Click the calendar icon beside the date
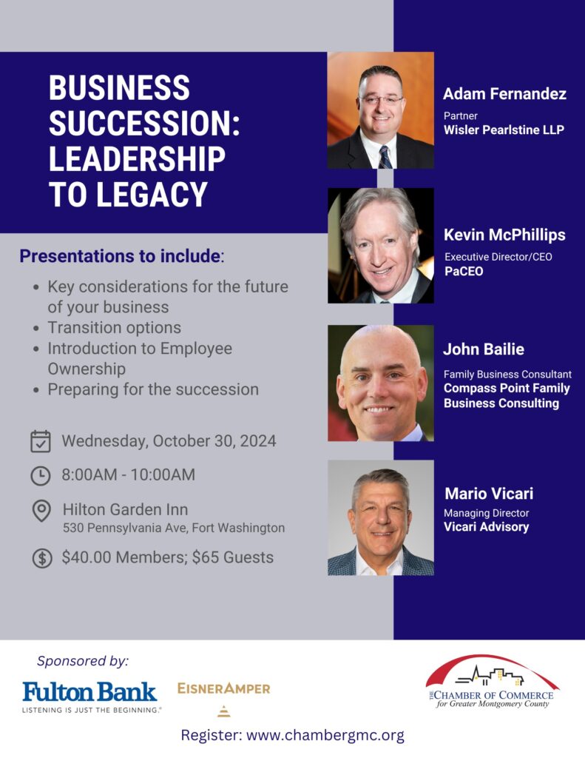41,441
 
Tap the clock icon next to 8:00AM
41,475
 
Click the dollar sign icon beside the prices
42,558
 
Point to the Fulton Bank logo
89,697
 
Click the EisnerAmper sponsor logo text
223,688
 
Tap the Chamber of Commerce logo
493,682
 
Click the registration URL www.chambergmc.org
325,735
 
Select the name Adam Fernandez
504,94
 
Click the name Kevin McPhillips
504,235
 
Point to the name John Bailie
484,349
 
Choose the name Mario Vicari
489,494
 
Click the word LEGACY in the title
152,195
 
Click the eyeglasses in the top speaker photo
381,100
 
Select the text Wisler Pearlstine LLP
504,130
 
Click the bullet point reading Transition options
114,328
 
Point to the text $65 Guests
233,557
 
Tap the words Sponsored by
83,661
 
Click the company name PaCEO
464,271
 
